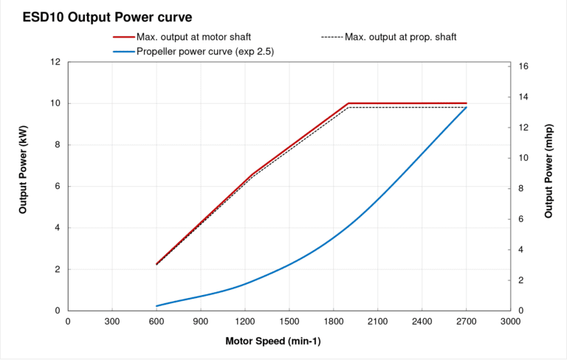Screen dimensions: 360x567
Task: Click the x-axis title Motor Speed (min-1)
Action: [x=272, y=342]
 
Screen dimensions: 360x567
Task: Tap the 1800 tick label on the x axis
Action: [x=333, y=322]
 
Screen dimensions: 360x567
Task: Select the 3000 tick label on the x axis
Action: [x=510, y=322]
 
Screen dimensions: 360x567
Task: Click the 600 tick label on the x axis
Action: [x=156, y=322]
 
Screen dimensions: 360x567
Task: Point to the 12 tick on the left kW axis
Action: [x=55, y=62]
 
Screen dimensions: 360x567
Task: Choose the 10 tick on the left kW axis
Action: [x=55, y=103]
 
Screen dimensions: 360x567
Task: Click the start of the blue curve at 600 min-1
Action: [x=157, y=306]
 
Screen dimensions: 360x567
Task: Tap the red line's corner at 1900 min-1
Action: [x=348, y=103]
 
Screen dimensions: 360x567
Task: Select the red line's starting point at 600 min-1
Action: [x=157, y=264]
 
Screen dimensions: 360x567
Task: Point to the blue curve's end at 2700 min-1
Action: [x=467, y=108]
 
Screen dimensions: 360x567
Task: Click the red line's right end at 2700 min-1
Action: [x=467, y=103]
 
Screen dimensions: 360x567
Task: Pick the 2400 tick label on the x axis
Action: [x=422, y=322]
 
